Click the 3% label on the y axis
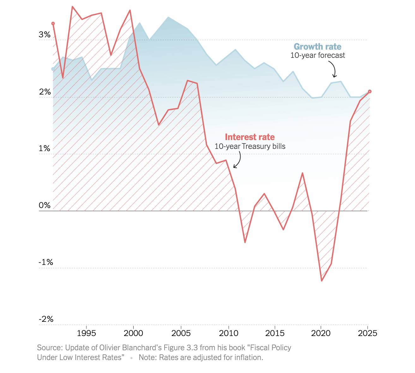click(45, 34)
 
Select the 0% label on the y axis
click(45, 205)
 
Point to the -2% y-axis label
click(46, 319)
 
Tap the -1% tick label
click(46, 262)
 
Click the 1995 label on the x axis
click(86, 333)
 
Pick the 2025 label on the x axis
click(367, 333)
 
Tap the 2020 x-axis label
click(321, 333)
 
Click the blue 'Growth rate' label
click(317, 47)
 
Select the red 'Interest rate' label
click(250, 137)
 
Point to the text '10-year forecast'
click(317, 55)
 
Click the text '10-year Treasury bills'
click(250, 146)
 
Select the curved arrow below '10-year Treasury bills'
click(238, 160)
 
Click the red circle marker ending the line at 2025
click(370, 91)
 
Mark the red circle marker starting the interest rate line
click(53, 23)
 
